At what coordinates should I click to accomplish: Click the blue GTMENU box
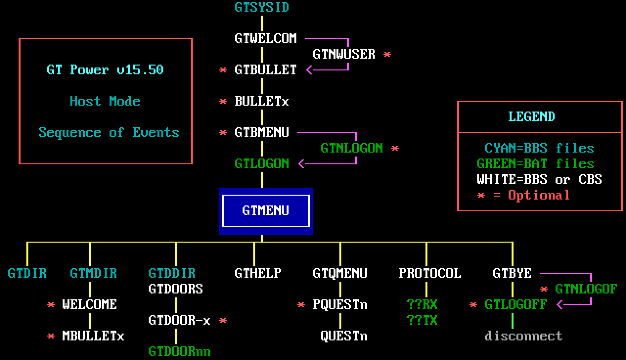[266, 211]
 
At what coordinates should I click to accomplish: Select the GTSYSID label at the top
[262, 7]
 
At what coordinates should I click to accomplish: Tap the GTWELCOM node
[266, 38]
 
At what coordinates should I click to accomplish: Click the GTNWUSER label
[344, 54]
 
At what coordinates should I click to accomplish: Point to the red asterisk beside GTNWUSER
[387, 54]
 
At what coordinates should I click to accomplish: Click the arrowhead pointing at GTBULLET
[309, 70]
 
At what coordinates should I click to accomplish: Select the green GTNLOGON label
[352, 148]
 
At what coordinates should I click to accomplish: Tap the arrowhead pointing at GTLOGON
[301, 164]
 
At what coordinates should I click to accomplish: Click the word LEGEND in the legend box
[532, 116]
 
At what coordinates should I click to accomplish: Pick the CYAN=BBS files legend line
[539, 148]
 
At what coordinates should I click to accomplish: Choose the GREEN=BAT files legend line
[535, 163]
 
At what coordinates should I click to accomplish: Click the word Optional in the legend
[539, 195]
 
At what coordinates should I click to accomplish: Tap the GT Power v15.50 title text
[105, 69]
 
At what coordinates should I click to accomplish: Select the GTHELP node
[258, 273]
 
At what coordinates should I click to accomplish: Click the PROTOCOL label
[430, 273]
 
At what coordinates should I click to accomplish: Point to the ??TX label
[422, 320]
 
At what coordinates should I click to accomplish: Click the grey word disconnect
[523, 336]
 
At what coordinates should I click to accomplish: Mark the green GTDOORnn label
[179, 352]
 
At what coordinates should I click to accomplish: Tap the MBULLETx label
[93, 336]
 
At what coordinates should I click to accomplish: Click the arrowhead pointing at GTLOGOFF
[560, 305]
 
